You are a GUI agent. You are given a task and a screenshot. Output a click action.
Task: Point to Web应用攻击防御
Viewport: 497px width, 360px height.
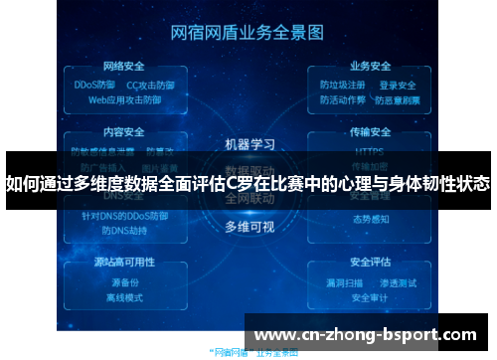coord(124,99)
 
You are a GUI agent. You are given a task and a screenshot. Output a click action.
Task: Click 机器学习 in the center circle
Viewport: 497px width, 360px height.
coord(249,144)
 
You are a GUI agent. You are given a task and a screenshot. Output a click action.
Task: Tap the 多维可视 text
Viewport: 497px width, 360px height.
coord(248,226)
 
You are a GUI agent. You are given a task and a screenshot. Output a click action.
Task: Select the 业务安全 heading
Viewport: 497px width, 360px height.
coord(370,68)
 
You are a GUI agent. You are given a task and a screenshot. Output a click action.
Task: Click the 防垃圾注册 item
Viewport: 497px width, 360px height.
coord(342,86)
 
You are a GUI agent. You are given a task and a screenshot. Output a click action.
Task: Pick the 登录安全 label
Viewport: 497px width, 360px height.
coord(398,86)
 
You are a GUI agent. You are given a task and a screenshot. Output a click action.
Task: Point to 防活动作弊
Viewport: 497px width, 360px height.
coord(342,99)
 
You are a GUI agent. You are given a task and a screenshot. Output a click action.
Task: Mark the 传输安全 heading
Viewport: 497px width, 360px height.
coord(370,130)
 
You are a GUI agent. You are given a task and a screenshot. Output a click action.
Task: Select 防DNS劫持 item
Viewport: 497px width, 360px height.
coord(123,230)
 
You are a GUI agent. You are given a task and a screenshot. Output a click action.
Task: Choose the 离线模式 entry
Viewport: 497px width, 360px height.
coord(125,296)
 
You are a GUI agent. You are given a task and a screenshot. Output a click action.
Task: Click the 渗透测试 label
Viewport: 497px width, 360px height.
coord(400,282)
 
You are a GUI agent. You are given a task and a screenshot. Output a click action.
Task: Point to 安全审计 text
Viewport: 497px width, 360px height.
coord(370,296)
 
